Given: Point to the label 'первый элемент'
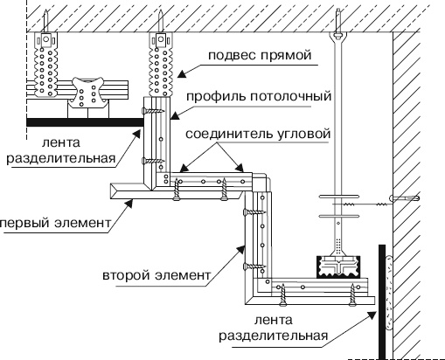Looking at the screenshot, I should [x=54, y=223].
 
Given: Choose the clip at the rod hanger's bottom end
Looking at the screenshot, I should [x=338, y=263].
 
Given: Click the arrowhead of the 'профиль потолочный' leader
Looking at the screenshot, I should [x=172, y=114].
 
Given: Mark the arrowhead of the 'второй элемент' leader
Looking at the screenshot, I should [x=247, y=249].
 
